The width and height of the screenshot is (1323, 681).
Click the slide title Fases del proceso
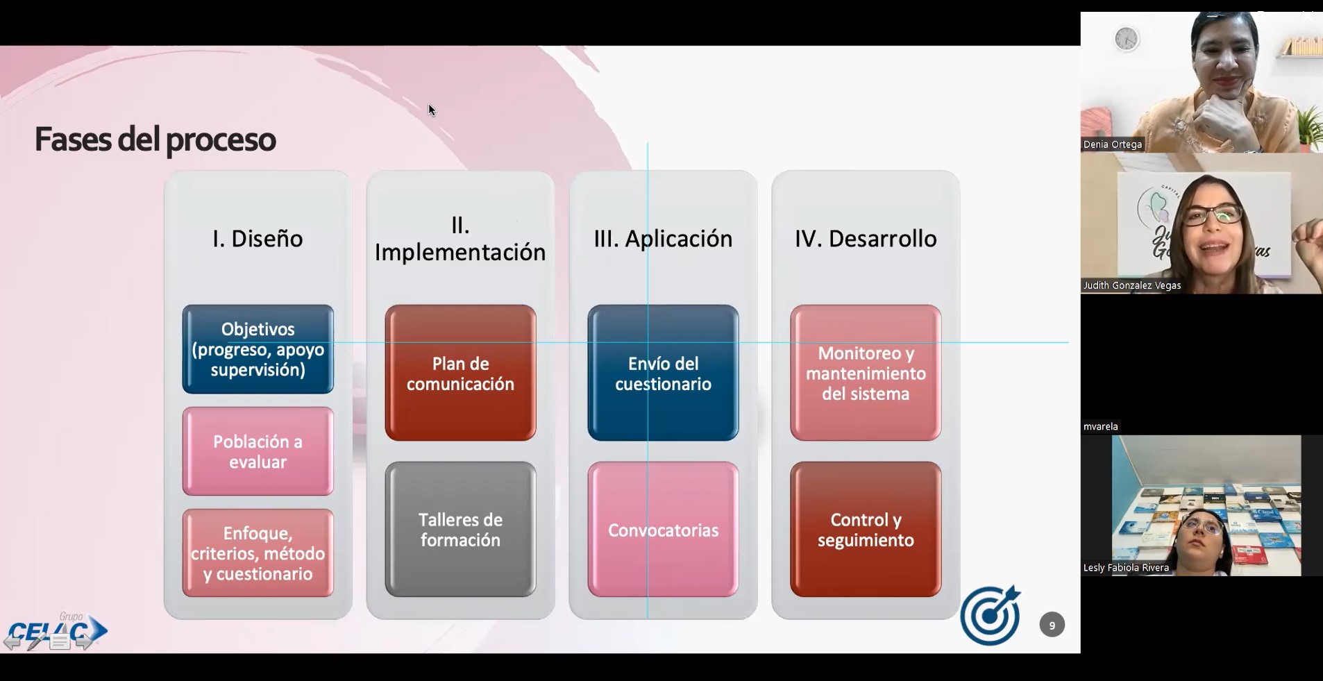[x=155, y=140]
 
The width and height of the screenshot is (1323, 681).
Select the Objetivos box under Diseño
[x=258, y=349]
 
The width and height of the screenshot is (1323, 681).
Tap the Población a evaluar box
[x=258, y=451]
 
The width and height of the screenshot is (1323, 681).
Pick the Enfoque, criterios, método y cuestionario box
[x=258, y=553]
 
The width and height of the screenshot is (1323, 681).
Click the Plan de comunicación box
[x=460, y=373]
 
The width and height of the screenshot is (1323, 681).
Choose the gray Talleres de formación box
[x=460, y=529]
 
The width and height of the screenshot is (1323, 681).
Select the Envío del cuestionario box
[x=663, y=373]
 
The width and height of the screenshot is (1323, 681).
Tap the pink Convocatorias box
[x=663, y=529]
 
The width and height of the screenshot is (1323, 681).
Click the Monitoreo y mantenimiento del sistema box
[x=866, y=373]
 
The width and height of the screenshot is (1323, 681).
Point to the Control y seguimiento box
[x=866, y=529]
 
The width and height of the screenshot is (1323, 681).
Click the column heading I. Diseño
[x=258, y=239]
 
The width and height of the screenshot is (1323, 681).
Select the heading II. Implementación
[x=460, y=239]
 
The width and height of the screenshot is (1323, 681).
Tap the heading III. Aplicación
[x=663, y=239]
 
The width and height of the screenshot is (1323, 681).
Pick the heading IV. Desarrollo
[x=866, y=239]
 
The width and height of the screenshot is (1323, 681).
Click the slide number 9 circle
[x=1052, y=625]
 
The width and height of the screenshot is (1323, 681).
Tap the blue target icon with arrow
[x=991, y=615]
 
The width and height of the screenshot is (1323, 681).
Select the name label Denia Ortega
[x=1112, y=144]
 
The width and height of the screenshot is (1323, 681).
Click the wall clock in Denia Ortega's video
[x=1126, y=39]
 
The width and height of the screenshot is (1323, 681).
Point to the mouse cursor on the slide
[x=431, y=110]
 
